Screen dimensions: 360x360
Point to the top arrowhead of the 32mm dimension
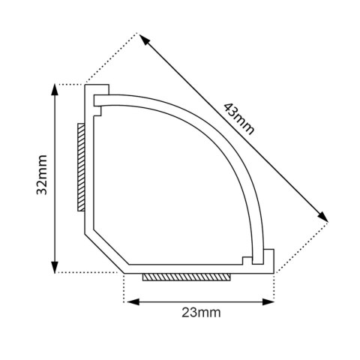(55, 89)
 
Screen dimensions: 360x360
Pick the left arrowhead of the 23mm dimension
(129, 301)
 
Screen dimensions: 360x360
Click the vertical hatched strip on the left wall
(80, 166)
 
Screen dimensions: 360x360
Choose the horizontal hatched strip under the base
(186, 277)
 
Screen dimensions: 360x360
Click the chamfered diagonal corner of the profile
(105, 247)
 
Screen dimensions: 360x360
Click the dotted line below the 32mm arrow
(86, 271)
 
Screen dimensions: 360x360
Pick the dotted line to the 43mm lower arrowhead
(300, 245)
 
